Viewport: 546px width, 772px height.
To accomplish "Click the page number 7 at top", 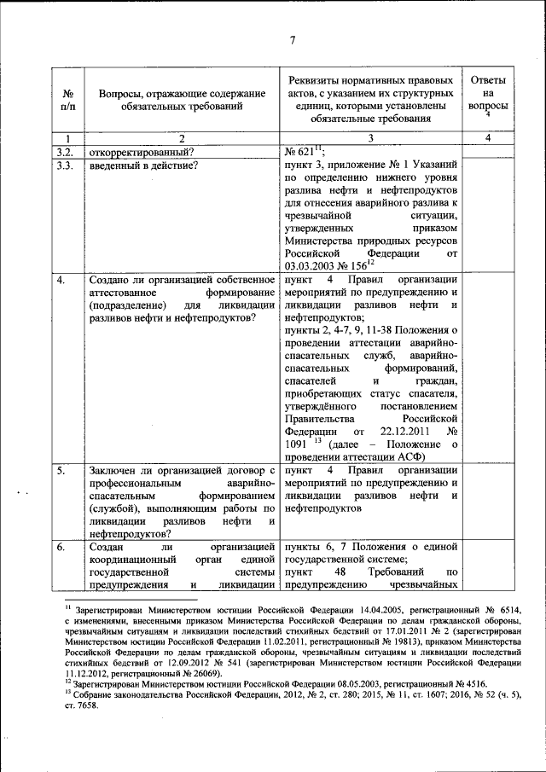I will [291, 39].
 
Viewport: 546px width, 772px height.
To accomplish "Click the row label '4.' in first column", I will [61, 280].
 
